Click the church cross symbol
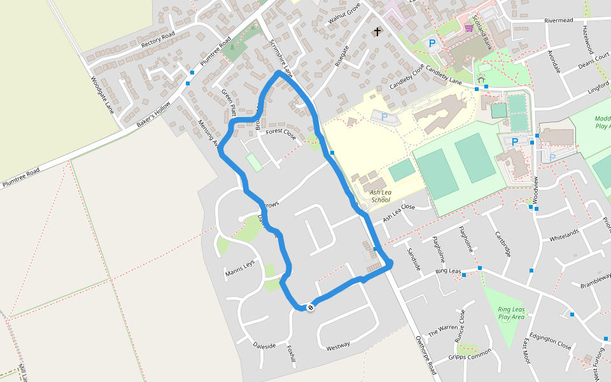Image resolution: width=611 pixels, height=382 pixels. point(377,31)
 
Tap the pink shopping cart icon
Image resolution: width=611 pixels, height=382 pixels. point(469,28)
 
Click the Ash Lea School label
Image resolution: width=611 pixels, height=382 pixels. point(381,195)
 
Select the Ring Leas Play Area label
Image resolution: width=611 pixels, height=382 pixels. point(511,313)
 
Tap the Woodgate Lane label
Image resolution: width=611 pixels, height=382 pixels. point(102,95)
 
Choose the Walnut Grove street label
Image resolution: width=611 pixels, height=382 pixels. point(344,13)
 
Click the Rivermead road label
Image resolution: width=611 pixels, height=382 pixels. point(559,20)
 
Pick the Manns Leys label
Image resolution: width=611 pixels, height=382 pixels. point(239,268)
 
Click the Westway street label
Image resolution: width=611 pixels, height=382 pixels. point(338,346)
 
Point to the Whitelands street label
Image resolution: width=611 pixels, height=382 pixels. point(564,235)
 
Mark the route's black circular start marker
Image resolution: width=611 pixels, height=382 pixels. point(311,308)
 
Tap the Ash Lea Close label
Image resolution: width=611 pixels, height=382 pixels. point(398,213)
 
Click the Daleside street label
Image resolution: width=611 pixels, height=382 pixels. point(264,346)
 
